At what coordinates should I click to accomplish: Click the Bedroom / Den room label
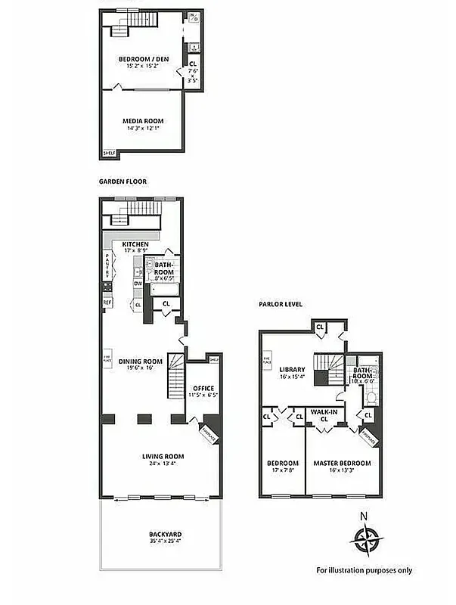143,59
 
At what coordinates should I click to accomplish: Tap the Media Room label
143,121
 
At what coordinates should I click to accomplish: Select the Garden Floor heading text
123,181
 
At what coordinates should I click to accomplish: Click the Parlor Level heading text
281,304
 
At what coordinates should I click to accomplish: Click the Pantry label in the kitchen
107,267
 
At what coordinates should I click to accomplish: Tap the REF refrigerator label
107,302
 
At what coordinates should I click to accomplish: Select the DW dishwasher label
138,284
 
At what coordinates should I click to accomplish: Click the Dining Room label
141,361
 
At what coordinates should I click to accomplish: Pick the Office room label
200,388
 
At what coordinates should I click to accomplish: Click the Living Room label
163,456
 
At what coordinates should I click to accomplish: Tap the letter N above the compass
364,517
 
